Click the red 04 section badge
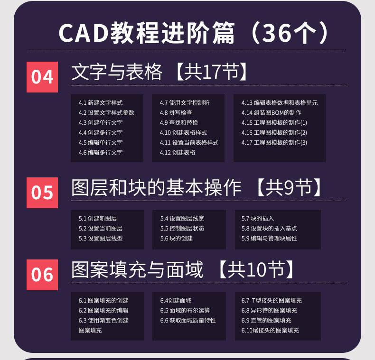(x=42, y=77)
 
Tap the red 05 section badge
(x=42, y=193)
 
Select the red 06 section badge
(x=42, y=275)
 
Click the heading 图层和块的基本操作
(x=157, y=188)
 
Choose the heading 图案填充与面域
(x=137, y=270)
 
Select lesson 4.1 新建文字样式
(x=101, y=102)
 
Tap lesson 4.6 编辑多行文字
(x=101, y=153)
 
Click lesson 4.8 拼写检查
(x=176, y=113)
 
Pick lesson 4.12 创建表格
(x=178, y=153)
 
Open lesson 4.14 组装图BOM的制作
(x=271, y=113)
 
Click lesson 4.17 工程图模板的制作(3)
(x=274, y=143)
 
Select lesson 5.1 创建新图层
(x=98, y=219)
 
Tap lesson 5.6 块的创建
(x=177, y=239)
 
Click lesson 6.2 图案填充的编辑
(x=103, y=311)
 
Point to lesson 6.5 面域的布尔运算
(x=185, y=311)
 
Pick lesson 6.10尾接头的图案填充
(x=270, y=331)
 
